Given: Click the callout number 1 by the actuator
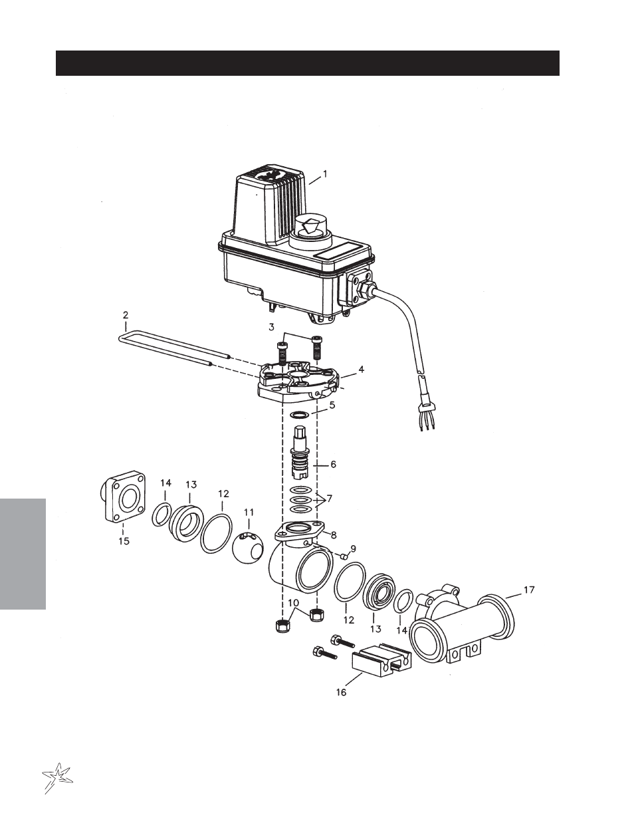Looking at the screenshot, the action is (x=325, y=174).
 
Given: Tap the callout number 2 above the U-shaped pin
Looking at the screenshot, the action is (x=126, y=314).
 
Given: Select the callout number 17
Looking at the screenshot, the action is (x=529, y=590).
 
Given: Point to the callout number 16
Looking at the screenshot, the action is (x=341, y=692).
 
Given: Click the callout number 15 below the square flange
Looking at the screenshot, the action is (x=124, y=541).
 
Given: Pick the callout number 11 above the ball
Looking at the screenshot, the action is (x=249, y=513).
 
